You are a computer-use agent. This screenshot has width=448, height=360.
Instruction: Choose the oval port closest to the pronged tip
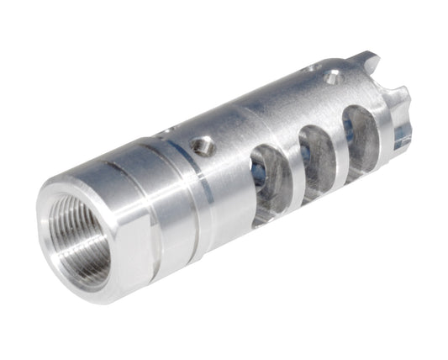359,140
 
